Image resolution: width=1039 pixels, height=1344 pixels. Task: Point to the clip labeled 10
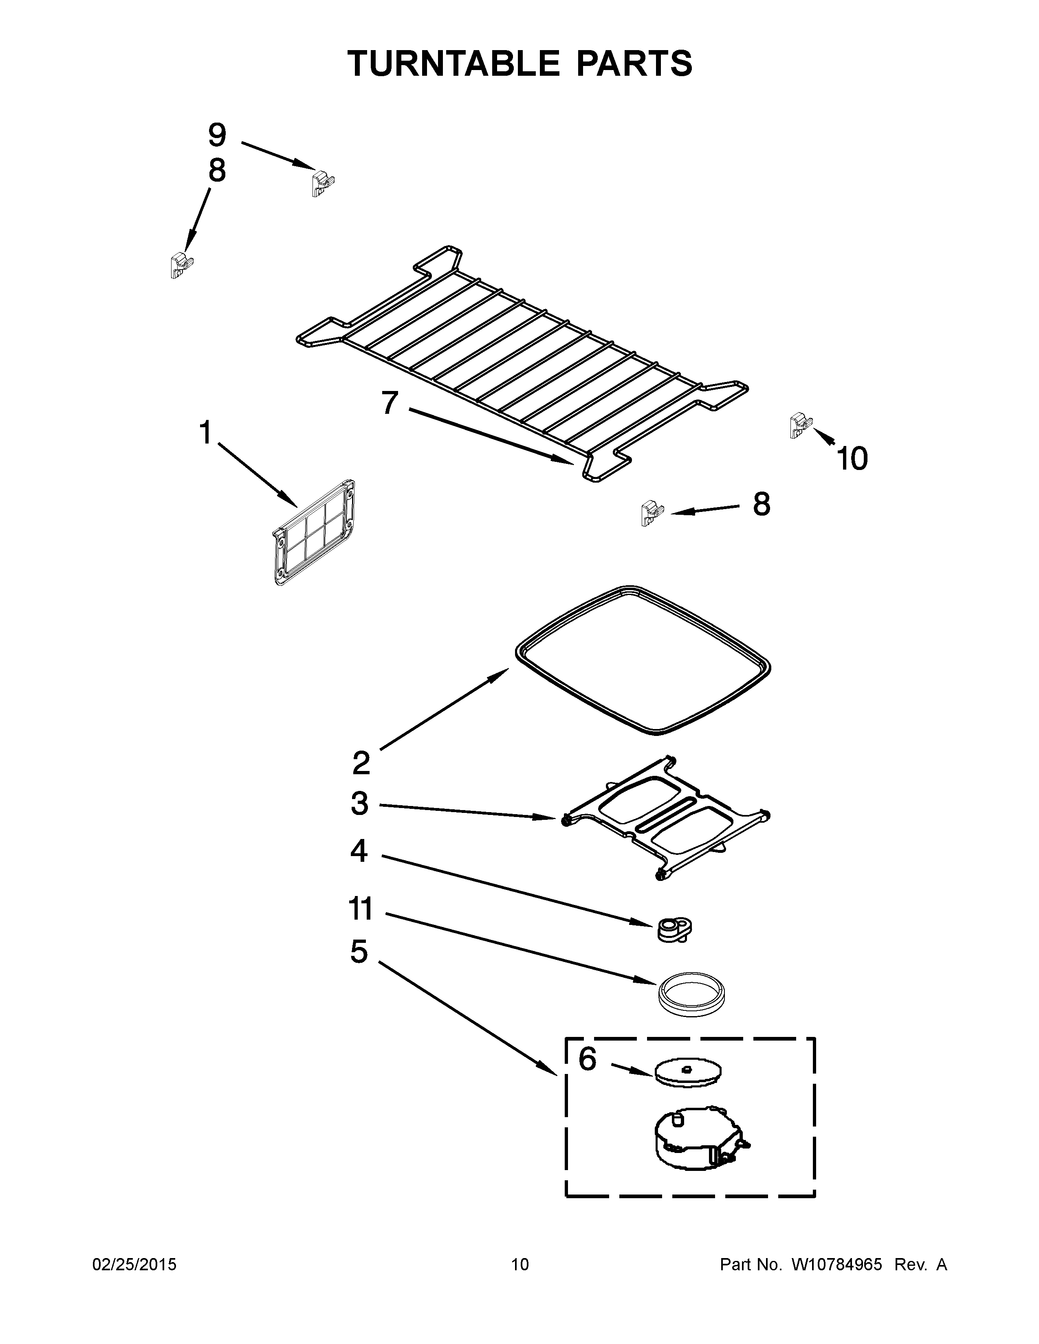pyautogui.click(x=799, y=425)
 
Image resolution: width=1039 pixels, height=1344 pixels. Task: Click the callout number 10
pyautogui.click(x=852, y=459)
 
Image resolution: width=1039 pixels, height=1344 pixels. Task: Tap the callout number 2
pyautogui.click(x=361, y=763)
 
